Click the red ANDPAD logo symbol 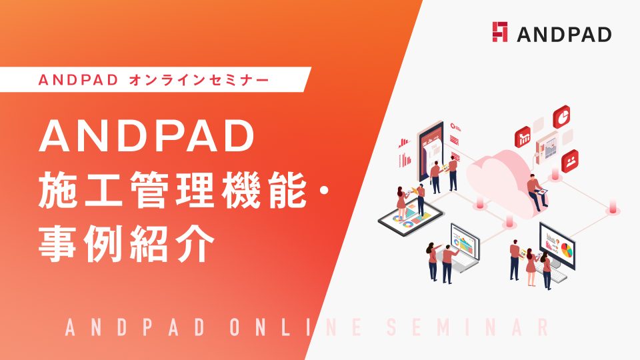(x=499, y=32)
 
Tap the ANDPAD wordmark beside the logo (x=564, y=34)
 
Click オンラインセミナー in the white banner (x=199, y=79)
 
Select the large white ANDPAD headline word (x=147, y=136)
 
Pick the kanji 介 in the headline (x=195, y=243)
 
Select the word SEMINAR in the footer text (x=468, y=327)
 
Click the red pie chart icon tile (x=561, y=117)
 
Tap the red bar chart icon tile (x=523, y=137)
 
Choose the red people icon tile (x=570, y=161)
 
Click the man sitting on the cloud (x=537, y=193)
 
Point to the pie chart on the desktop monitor (x=567, y=249)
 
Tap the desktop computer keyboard (x=551, y=273)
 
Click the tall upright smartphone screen (x=431, y=152)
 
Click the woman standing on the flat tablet (x=401, y=203)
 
